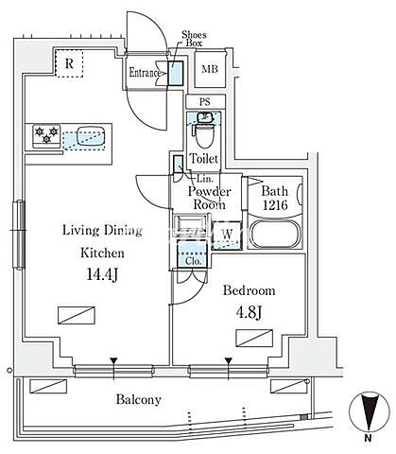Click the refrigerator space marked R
pos(69,63)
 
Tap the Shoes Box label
pos(194,39)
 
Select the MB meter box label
pos(210,69)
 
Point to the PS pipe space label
pos(205,102)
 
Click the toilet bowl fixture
pos(204,135)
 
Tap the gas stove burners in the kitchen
pos(46,135)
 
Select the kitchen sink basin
pos(91,135)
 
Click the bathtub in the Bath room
pos(274,235)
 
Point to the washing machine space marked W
pos(227,236)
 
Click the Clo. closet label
pos(193,261)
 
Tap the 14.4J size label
pos(102,274)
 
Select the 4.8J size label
pos(249,312)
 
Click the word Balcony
pos(139,400)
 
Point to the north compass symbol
pos(370,411)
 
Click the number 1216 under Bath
pos(275,205)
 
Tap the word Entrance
pos(145,73)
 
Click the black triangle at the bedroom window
pos(229,360)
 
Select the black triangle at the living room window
pos(113,360)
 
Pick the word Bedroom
pos(249,290)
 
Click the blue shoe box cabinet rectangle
pos(176,73)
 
